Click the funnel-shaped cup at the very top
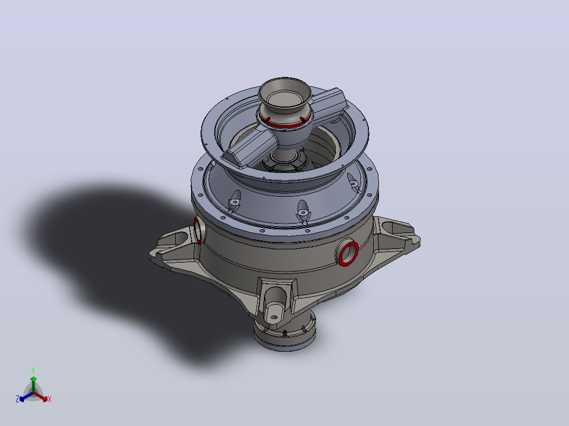(x=285, y=95)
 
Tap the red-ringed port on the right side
(x=348, y=254)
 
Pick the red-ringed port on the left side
(x=198, y=230)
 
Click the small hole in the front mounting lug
(x=274, y=317)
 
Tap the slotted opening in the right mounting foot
(x=391, y=228)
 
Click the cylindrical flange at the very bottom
(x=285, y=332)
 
